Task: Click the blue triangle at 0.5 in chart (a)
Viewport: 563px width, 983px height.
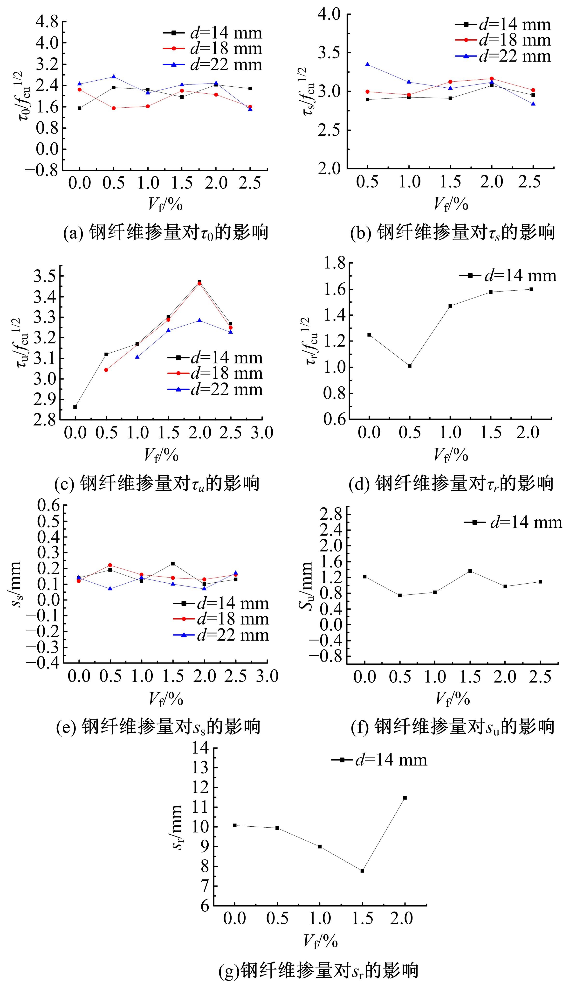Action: (x=113, y=77)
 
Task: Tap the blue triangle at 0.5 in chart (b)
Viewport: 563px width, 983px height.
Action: (x=367, y=64)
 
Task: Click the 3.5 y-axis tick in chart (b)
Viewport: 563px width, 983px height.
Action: (x=330, y=53)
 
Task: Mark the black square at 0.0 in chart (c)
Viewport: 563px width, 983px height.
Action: (x=75, y=407)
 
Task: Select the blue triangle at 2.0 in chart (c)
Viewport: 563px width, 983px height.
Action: (x=199, y=320)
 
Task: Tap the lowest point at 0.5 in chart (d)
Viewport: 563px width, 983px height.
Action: (x=410, y=366)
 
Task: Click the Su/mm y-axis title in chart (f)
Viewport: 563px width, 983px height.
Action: (x=306, y=585)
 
